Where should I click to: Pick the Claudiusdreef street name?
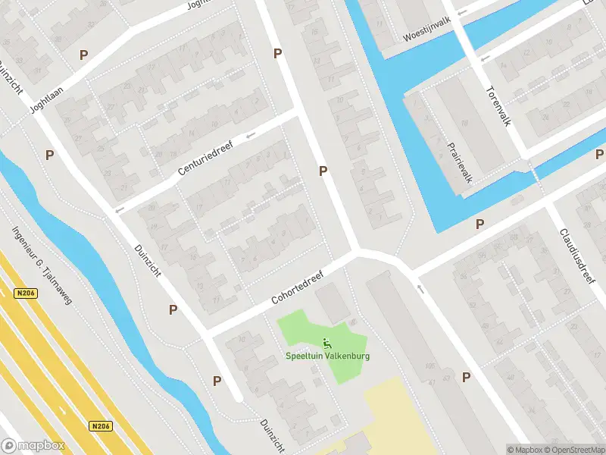pos(578,256)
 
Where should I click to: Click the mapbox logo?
pos(32,446)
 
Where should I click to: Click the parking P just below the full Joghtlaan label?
pos(50,155)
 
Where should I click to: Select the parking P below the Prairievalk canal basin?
pos(479,224)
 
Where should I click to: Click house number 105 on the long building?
pos(431,367)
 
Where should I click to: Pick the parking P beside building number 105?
pos(467,377)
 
